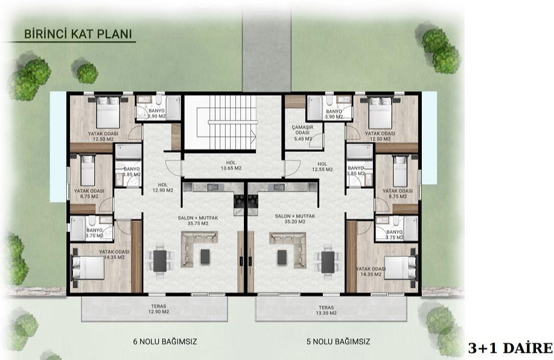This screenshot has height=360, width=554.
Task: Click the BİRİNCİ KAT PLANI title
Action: (77, 34)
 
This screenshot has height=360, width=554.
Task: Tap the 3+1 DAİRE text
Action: (510, 348)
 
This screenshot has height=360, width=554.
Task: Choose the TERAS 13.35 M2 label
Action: (330, 309)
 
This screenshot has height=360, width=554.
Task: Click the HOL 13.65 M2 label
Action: (230, 165)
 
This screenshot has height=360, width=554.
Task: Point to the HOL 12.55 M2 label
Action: (322, 166)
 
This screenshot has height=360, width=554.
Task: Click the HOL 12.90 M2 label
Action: (164, 188)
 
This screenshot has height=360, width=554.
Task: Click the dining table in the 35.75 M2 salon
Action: (160, 261)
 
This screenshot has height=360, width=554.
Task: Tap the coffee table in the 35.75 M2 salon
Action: (205, 256)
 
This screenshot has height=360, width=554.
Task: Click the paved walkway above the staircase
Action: (267, 45)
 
